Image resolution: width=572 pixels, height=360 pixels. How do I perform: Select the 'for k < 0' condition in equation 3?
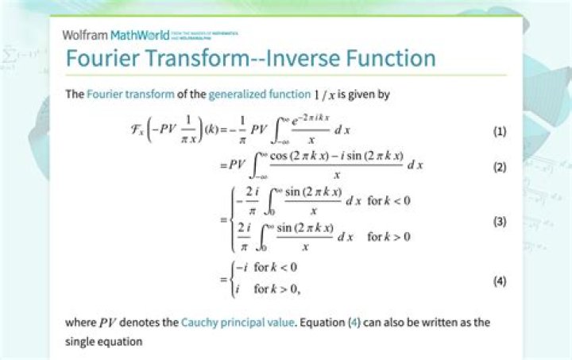pyautogui.click(x=388, y=200)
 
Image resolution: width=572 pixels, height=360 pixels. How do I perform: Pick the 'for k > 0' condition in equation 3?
pyautogui.click(x=388, y=237)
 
